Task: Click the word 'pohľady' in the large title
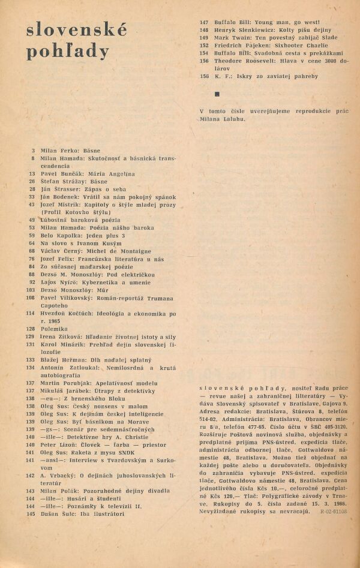point(67,52)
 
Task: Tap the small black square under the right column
point(217,94)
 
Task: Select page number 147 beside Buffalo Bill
point(203,22)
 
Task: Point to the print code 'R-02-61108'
point(334,513)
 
